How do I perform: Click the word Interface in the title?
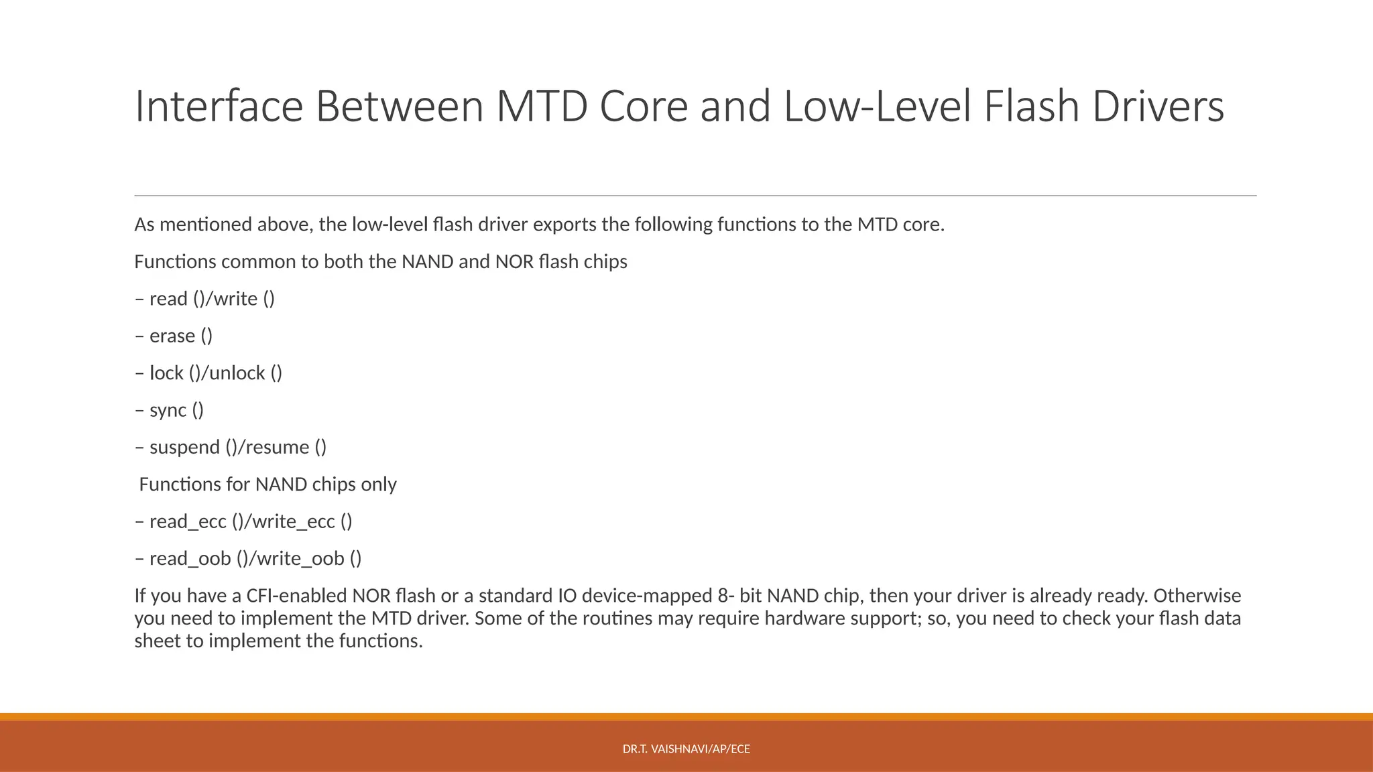point(219,107)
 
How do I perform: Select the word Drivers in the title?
point(1158,107)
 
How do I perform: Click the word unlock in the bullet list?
point(237,373)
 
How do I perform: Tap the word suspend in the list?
point(184,447)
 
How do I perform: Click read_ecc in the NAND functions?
point(188,521)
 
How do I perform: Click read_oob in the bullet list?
point(190,559)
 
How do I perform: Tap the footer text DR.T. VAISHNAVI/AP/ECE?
point(686,749)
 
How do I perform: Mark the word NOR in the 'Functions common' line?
point(514,261)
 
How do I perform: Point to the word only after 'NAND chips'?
point(379,485)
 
